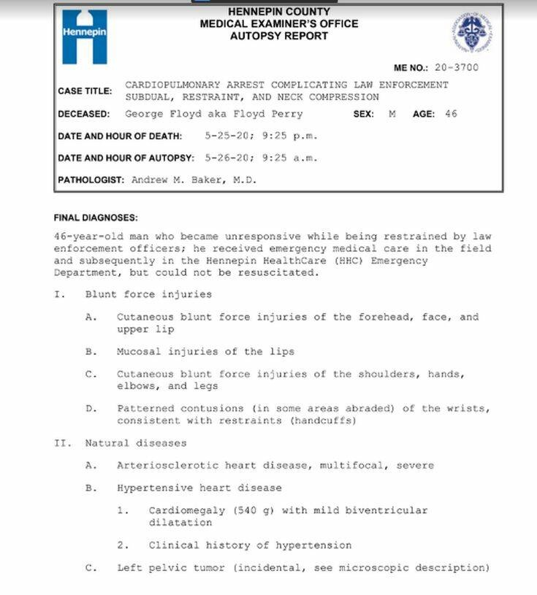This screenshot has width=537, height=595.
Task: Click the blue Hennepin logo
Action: tap(84, 37)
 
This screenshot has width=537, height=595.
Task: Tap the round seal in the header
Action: tap(471, 33)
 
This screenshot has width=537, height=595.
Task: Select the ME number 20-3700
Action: tap(457, 68)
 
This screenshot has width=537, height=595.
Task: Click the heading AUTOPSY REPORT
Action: tap(279, 35)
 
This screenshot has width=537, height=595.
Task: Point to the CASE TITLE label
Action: tap(85, 91)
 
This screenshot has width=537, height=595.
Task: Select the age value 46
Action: tap(451, 114)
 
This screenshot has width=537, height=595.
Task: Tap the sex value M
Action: tap(392, 114)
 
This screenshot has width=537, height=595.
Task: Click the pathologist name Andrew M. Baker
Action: tap(194, 180)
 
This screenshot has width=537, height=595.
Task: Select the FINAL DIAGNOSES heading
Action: tap(95, 218)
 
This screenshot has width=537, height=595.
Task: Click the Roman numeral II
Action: tap(60, 443)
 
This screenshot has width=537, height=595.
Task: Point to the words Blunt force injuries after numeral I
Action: tap(148, 295)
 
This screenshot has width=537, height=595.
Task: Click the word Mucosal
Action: tap(139, 352)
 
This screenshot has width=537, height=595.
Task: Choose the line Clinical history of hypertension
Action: tap(250, 545)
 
